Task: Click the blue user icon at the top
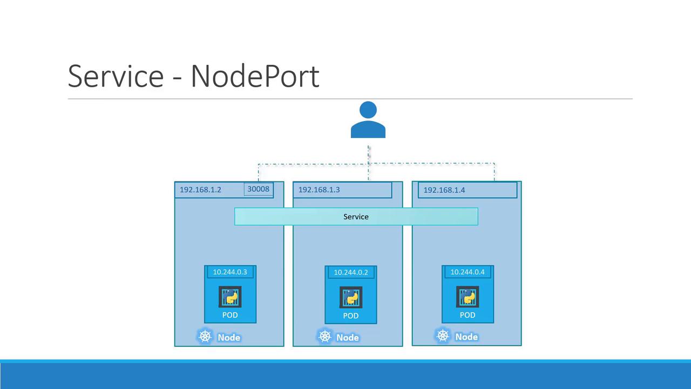368,120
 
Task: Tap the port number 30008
258,189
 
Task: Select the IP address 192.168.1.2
200,190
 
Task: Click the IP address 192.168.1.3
319,190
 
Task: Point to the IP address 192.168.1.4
444,190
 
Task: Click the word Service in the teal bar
356,217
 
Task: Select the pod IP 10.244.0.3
230,272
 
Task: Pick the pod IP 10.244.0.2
351,272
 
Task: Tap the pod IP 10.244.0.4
468,272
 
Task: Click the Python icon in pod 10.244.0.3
230,297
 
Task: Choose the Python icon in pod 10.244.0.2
351,298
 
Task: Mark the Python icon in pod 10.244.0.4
468,297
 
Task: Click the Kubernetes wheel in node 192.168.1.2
205,337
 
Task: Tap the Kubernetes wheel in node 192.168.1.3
324,337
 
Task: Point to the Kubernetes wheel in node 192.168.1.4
443,336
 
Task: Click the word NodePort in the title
255,76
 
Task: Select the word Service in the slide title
116,76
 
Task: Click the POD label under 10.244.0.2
351,316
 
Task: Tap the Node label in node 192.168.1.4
466,337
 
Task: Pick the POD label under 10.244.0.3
230,315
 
